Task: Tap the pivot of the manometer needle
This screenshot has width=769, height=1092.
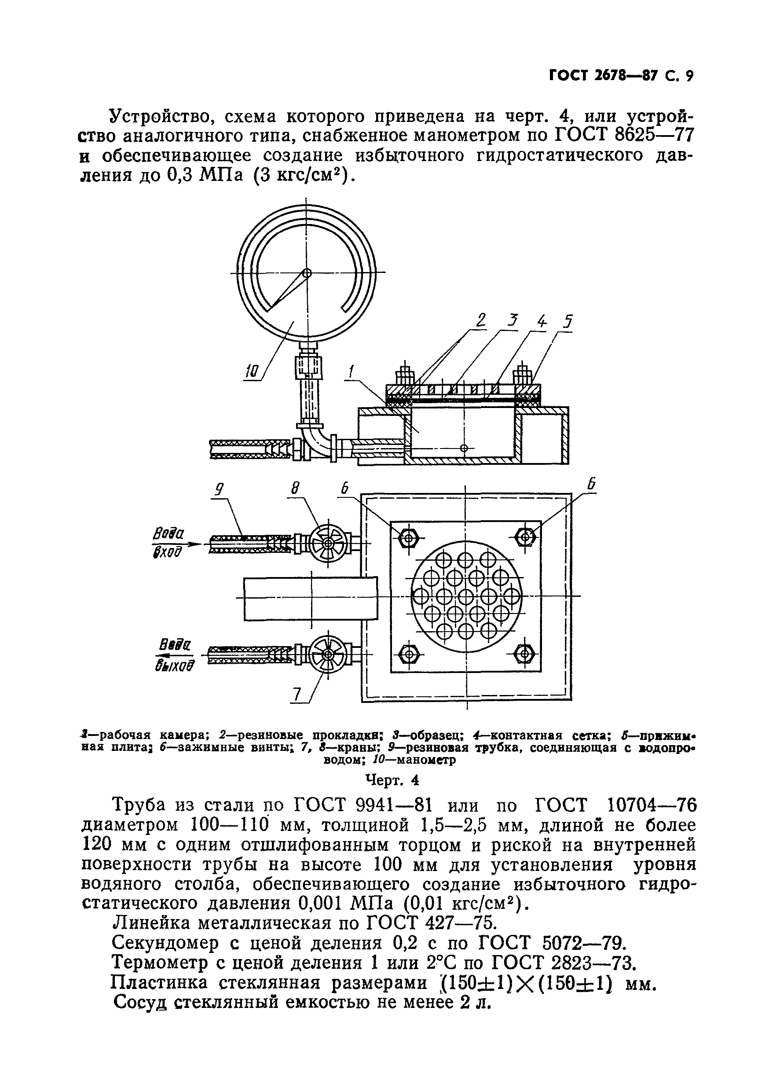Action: [x=307, y=273]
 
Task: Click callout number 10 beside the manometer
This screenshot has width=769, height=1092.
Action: [x=252, y=371]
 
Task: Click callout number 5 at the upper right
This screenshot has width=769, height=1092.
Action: [x=568, y=322]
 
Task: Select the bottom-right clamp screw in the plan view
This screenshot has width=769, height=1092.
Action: [x=525, y=654]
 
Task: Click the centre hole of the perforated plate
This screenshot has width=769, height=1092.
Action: [x=466, y=596]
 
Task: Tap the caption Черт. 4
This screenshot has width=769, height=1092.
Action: [x=392, y=780]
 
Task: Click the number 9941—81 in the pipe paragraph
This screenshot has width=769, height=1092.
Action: [x=392, y=805]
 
